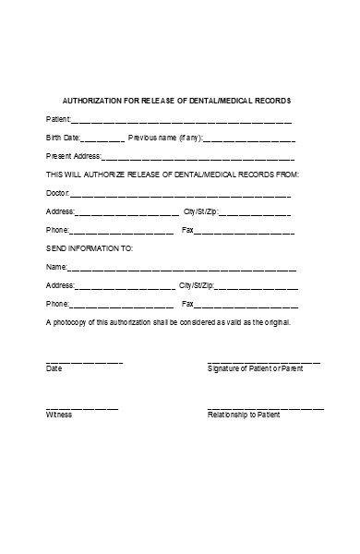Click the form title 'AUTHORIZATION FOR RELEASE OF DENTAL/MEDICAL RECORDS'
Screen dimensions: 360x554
click(176, 100)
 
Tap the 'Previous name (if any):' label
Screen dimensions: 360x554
click(165, 138)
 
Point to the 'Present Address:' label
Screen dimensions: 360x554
click(73, 156)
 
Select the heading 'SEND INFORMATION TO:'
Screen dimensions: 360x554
click(90, 248)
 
